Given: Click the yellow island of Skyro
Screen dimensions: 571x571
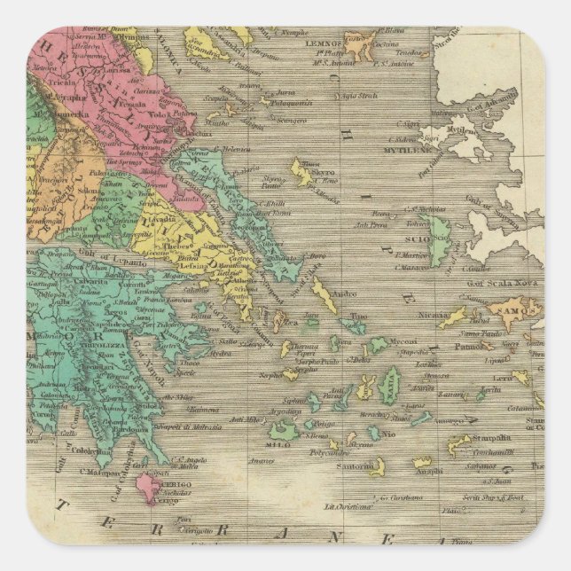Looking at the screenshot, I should click(x=301, y=174).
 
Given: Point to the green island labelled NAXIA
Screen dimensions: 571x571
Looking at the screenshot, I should click(x=388, y=386).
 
